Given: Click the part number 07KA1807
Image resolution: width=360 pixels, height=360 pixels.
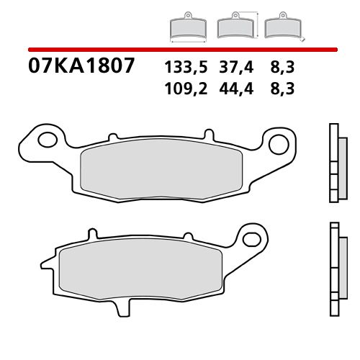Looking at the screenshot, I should (81, 67).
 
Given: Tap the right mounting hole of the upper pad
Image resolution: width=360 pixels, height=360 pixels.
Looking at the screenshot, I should (279, 143).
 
